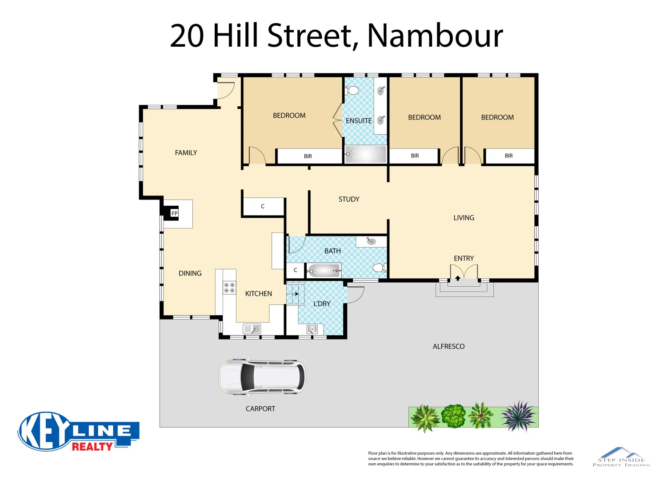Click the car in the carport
[x=262, y=376]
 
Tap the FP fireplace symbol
[x=174, y=213]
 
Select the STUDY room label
[x=349, y=199]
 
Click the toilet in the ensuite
[x=352, y=91]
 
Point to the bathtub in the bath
[x=324, y=270]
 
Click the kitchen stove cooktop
[x=229, y=288]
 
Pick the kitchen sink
[x=252, y=329]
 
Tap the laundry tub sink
[x=312, y=329]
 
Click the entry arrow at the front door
[x=458, y=278]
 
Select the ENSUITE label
[x=359, y=120]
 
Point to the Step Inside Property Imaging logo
[x=621, y=457]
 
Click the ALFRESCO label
[x=448, y=346]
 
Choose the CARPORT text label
[x=260, y=408]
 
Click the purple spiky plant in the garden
[x=519, y=416]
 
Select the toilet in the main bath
[x=379, y=268]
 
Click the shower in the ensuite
[x=365, y=154]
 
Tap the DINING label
[x=190, y=273]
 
